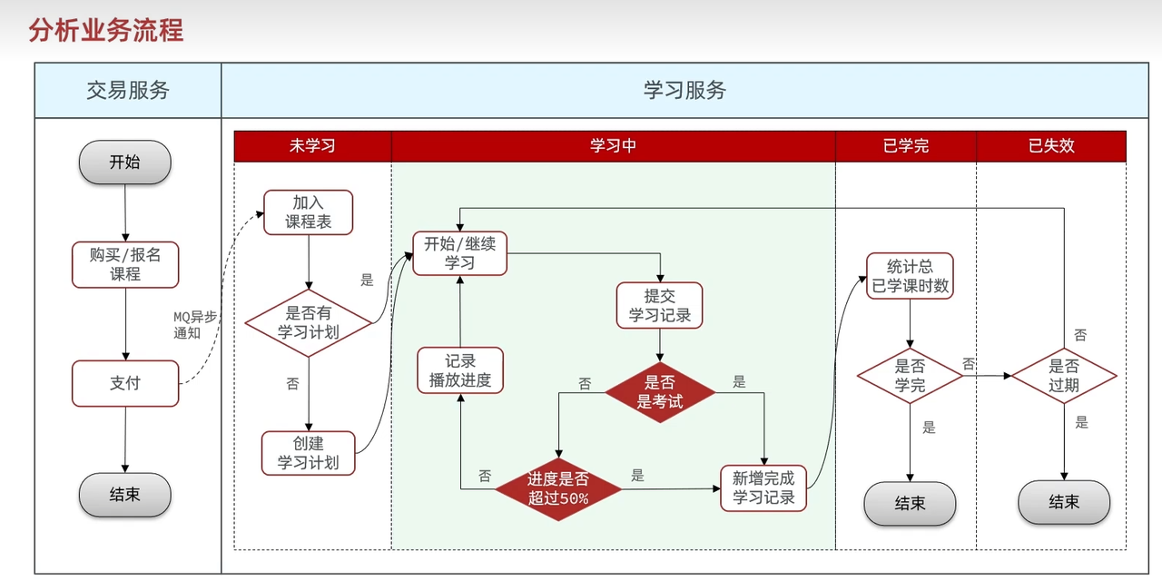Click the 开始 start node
[x=125, y=162]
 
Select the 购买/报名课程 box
[x=125, y=264]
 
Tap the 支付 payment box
[x=125, y=383]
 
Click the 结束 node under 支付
[x=125, y=495]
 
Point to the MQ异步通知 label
[x=194, y=324]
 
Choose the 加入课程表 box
[x=308, y=212]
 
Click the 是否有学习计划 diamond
[x=309, y=323]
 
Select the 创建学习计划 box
[x=308, y=452]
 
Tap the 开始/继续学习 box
[x=459, y=253]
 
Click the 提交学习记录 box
[x=660, y=306]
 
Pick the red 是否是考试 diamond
[x=660, y=391]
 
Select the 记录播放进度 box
[x=460, y=370]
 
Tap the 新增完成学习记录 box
[x=763, y=487]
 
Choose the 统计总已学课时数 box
[x=910, y=276]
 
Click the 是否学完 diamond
[x=910, y=376]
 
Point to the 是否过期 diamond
[x=1064, y=376]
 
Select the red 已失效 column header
[x=1051, y=146]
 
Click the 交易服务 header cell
[x=128, y=91]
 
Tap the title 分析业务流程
[x=106, y=31]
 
